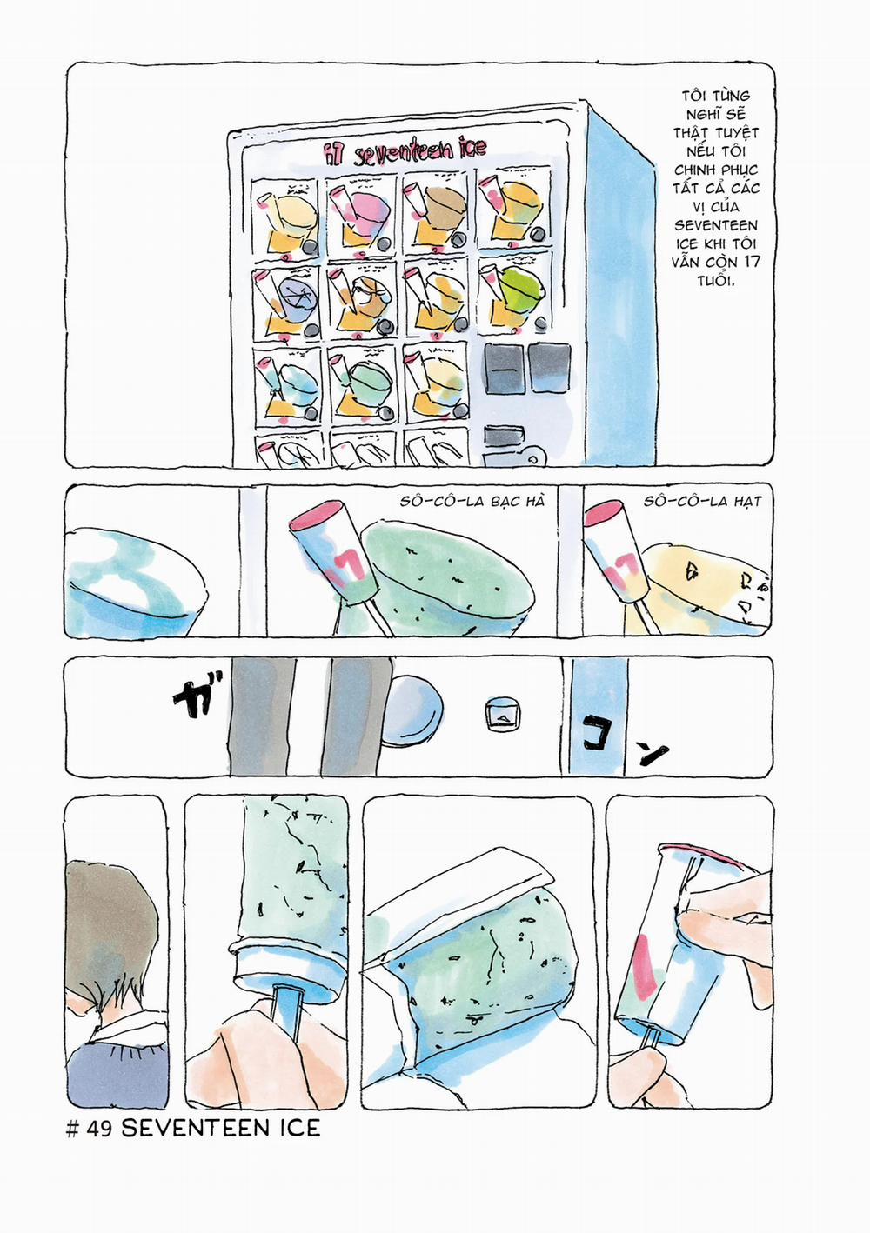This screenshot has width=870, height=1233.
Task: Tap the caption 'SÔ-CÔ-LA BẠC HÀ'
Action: (x=472, y=502)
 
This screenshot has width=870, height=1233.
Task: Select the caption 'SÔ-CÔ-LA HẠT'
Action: (x=702, y=502)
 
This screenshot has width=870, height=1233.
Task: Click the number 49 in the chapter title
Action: (x=100, y=1129)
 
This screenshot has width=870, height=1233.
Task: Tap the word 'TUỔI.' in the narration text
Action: (x=716, y=280)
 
